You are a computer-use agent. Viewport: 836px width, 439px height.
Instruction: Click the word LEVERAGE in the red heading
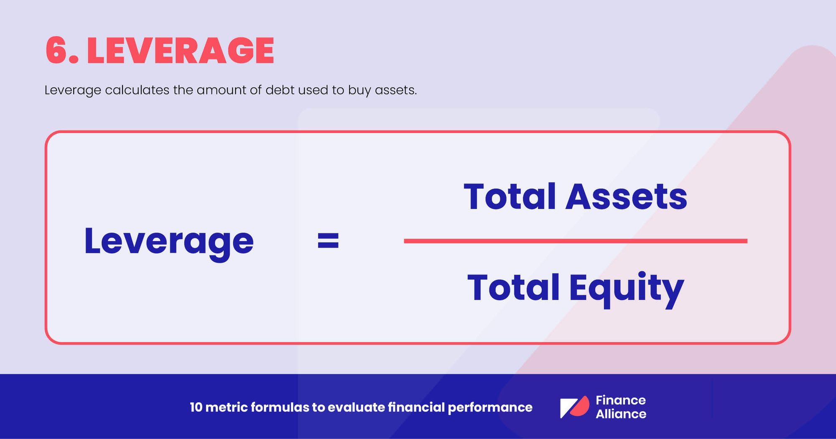click(x=181, y=51)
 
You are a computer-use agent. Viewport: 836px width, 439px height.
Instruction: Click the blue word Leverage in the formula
click(x=169, y=241)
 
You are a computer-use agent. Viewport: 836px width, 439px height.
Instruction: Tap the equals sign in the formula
click(x=328, y=241)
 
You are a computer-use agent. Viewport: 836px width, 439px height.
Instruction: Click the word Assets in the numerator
click(x=626, y=197)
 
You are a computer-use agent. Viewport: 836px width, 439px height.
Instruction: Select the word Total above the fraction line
click(x=510, y=197)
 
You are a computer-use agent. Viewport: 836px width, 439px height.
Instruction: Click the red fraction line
click(x=575, y=241)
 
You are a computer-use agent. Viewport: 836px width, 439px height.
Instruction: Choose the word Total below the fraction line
click(x=513, y=288)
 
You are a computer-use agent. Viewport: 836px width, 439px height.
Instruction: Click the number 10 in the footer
click(x=196, y=407)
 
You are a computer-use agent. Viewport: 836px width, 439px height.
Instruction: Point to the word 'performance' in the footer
click(x=490, y=408)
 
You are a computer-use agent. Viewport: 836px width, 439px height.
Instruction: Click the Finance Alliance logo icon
click(x=574, y=407)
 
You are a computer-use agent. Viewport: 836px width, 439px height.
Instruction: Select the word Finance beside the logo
click(x=620, y=400)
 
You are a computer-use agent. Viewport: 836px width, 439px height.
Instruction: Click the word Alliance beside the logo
click(x=621, y=414)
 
